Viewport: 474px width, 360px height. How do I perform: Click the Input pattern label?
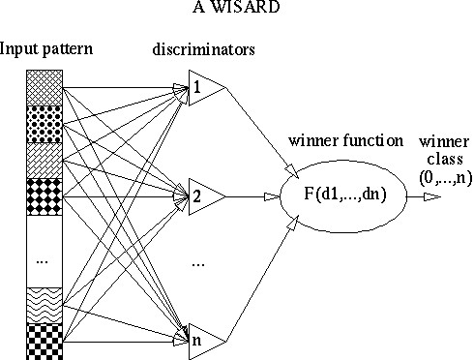click(x=41, y=47)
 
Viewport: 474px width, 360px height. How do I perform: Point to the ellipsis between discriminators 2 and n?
click(x=197, y=262)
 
